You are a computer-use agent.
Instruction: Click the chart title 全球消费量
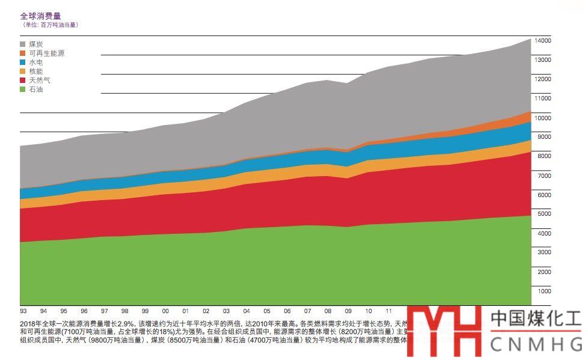pyautogui.click(x=40, y=16)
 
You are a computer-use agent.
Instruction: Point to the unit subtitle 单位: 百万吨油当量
pyautogui.click(x=51, y=25)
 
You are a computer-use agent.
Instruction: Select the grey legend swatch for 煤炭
pyautogui.click(x=23, y=44)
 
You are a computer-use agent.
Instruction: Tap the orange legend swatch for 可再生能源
pyautogui.click(x=23, y=53)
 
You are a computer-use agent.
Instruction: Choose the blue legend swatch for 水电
pyautogui.click(x=23, y=63)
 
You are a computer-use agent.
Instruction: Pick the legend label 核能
pyautogui.click(x=35, y=72)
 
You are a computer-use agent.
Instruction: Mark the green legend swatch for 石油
pyautogui.click(x=23, y=90)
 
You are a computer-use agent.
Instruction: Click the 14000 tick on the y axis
pyautogui.click(x=543, y=40)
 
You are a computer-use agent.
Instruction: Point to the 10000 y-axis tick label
pyautogui.click(x=543, y=118)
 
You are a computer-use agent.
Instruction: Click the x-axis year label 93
pyautogui.click(x=23, y=311)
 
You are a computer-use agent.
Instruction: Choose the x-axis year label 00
pyautogui.click(x=165, y=311)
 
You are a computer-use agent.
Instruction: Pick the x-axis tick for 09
pyautogui.click(x=348, y=311)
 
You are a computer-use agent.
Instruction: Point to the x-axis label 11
pyautogui.click(x=388, y=311)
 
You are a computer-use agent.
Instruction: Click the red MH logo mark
pyautogui.click(x=444, y=331)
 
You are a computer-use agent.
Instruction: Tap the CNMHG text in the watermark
pyautogui.click(x=536, y=344)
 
